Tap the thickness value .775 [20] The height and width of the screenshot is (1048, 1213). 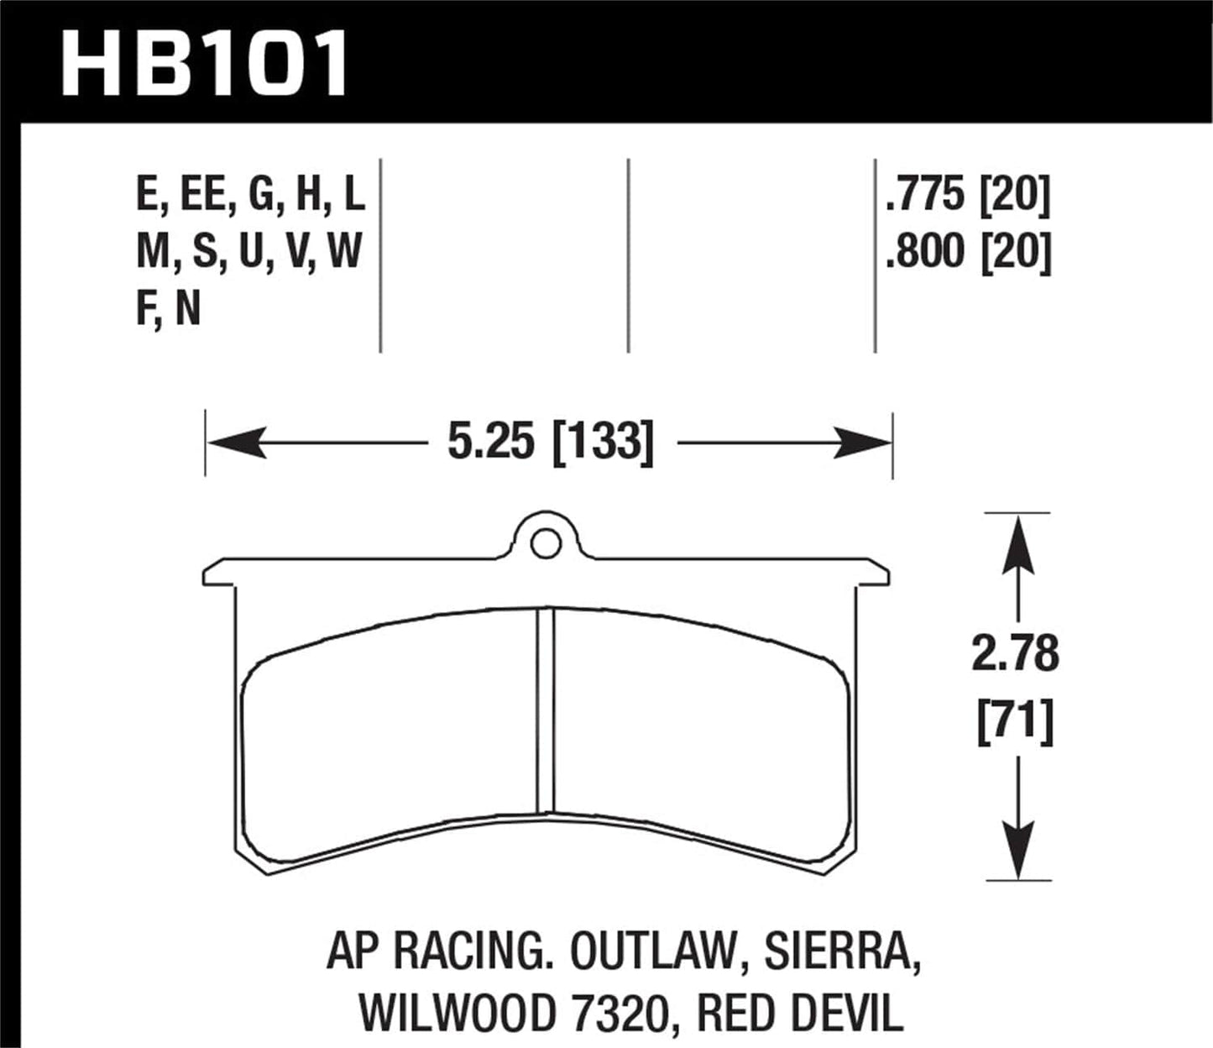tap(967, 195)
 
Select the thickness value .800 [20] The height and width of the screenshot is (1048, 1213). tap(967, 251)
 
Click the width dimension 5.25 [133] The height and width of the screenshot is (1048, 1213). tap(550, 441)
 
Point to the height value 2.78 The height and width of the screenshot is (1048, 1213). tap(1015, 654)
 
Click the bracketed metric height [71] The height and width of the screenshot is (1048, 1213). tap(1015, 723)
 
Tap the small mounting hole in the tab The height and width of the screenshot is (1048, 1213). tap(546, 544)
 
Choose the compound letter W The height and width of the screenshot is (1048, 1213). tap(344, 251)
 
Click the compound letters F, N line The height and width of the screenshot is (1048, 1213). tap(168, 308)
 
